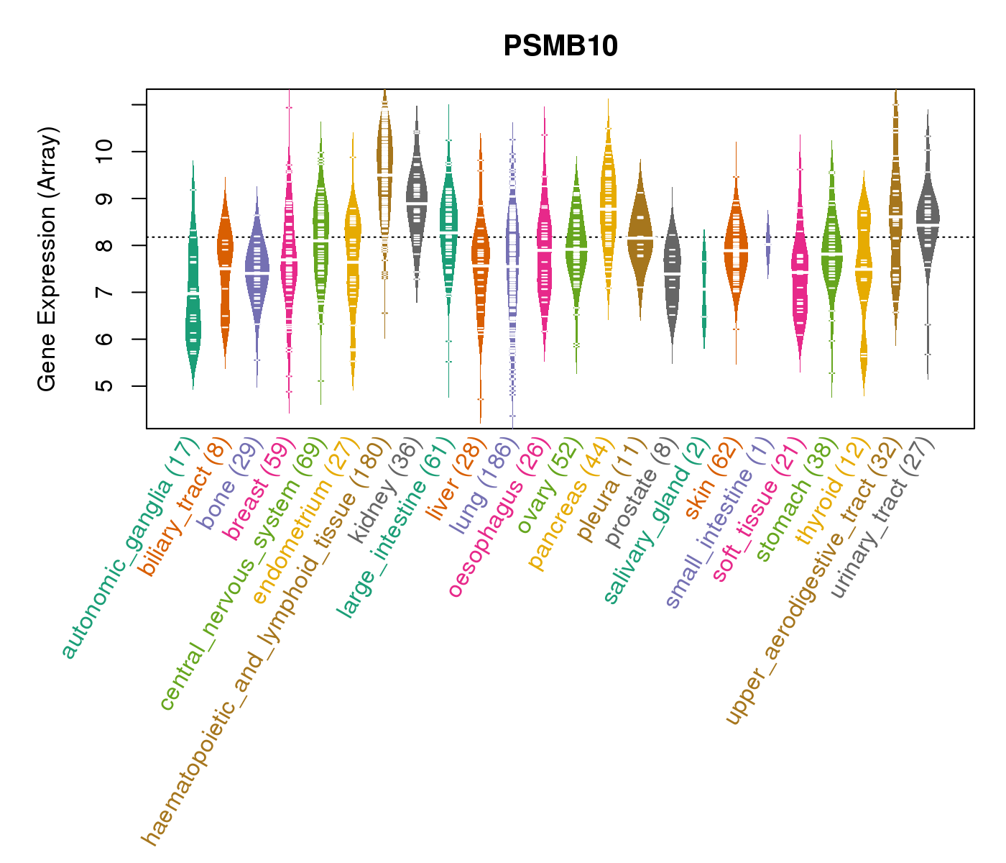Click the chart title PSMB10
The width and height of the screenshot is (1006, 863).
coord(560,47)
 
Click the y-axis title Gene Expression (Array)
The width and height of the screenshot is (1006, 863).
coord(47,259)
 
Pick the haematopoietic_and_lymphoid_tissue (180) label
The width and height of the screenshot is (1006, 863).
coord(266,640)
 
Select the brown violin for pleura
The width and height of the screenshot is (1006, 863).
coord(640,230)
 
